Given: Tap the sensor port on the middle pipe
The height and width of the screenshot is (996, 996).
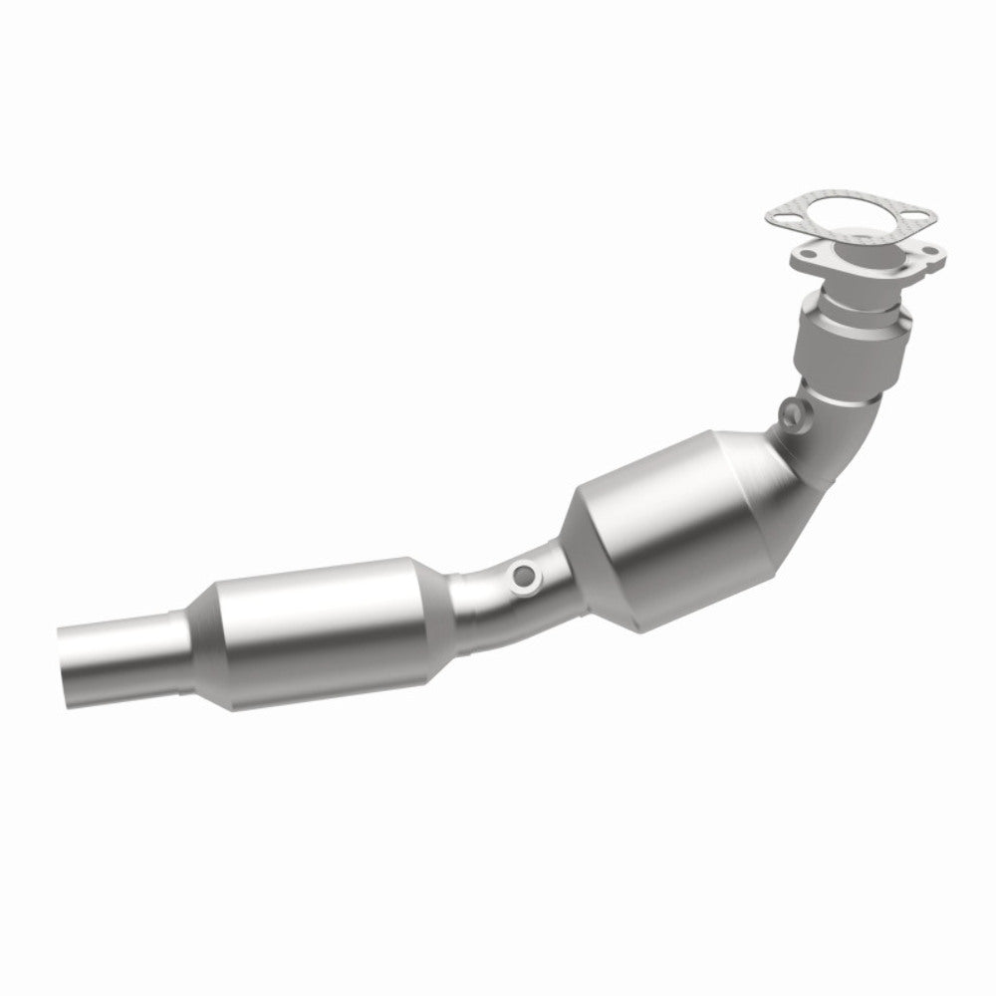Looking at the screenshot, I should pyautogui.click(x=520, y=575).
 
